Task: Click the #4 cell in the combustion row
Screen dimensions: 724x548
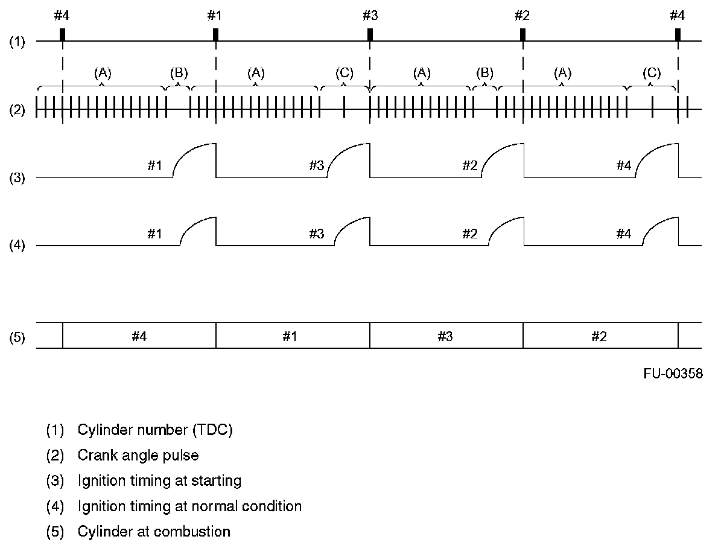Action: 139,337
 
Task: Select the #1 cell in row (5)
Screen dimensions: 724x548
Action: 293,337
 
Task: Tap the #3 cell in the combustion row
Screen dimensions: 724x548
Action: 445,337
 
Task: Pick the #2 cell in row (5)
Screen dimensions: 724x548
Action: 599,337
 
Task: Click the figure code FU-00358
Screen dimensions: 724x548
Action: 672,374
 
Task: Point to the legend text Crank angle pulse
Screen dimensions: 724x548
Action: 138,455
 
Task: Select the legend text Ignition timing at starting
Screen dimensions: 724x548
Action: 159,480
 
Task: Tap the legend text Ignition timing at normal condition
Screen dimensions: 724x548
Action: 189,506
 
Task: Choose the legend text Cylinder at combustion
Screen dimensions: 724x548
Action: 154,532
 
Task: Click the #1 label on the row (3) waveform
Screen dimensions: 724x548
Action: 155,166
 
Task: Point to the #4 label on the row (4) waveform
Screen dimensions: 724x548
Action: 623,234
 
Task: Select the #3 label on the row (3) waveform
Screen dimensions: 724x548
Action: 317,166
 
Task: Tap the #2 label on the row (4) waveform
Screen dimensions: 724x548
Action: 470,234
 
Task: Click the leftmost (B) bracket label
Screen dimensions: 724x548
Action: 179,74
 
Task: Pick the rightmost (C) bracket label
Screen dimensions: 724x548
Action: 652,74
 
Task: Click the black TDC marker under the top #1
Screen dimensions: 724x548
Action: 215,34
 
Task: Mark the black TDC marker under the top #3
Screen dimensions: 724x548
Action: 370,34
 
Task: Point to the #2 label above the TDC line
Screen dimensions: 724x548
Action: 522,15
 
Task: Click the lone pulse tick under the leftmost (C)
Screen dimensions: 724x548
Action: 344,106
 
